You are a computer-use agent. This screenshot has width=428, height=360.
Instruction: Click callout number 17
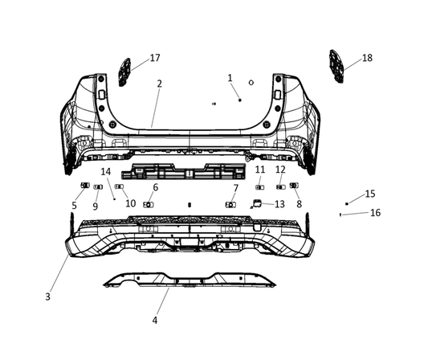(155, 58)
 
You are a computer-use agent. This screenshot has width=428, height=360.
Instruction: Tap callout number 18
(367, 58)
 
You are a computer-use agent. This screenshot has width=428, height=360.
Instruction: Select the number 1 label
(230, 78)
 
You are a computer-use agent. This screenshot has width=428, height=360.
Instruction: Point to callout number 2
(160, 84)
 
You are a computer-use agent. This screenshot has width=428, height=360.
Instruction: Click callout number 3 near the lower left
(48, 297)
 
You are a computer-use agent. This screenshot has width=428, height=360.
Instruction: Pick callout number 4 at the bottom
(156, 320)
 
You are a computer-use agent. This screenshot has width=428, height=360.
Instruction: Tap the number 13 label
(279, 204)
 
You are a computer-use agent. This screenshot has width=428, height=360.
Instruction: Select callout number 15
(369, 194)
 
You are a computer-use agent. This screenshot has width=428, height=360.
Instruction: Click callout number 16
(376, 213)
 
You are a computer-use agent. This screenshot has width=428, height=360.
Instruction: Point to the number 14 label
(106, 172)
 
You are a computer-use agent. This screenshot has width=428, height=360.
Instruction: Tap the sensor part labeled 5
(84, 186)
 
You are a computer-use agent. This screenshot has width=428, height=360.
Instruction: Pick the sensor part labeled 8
(293, 186)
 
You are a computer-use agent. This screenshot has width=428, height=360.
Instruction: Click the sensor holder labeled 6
(149, 204)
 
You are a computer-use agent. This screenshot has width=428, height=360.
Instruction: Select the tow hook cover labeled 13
(257, 204)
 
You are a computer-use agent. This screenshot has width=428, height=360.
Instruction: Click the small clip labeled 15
(347, 204)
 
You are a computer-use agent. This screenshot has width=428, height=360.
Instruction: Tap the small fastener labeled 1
(240, 99)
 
